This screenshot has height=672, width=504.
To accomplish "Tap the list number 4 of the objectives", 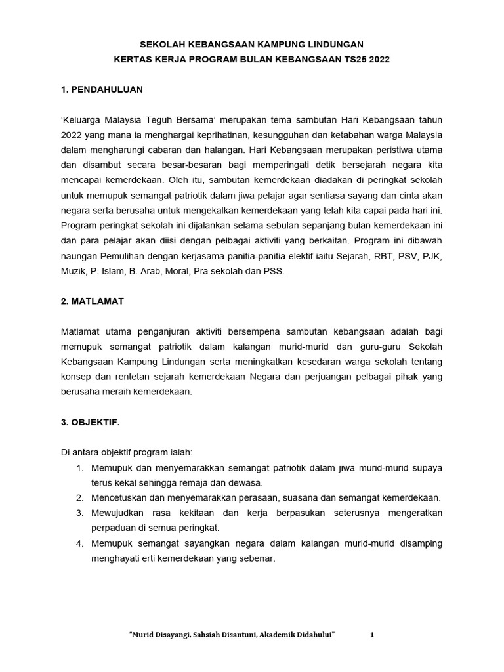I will (x=79, y=543).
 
